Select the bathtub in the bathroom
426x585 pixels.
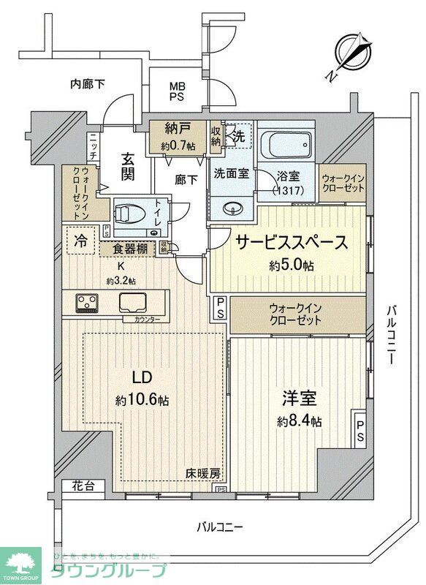[286, 145]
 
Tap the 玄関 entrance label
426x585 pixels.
[128, 166]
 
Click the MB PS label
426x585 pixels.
[178, 91]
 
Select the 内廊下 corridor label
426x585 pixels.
[88, 84]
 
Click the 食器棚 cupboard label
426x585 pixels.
[134, 249]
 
